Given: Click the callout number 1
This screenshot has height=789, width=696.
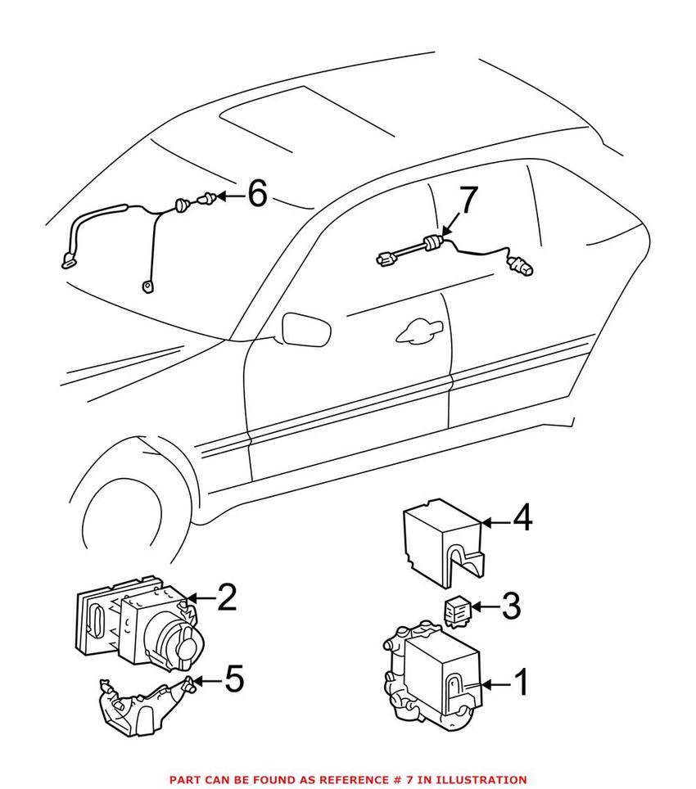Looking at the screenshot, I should [522, 683].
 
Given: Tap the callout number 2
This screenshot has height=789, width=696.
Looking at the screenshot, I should [226, 598].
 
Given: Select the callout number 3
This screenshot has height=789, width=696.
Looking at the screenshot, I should [510, 606].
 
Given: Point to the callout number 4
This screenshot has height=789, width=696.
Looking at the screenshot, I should [522, 519].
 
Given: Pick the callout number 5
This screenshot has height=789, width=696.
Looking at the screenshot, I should [233, 679].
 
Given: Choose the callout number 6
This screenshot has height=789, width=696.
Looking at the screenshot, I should [257, 195].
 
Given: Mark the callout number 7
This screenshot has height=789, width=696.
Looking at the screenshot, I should [466, 201].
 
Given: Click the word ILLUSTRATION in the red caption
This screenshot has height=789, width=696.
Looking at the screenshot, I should [480, 780].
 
